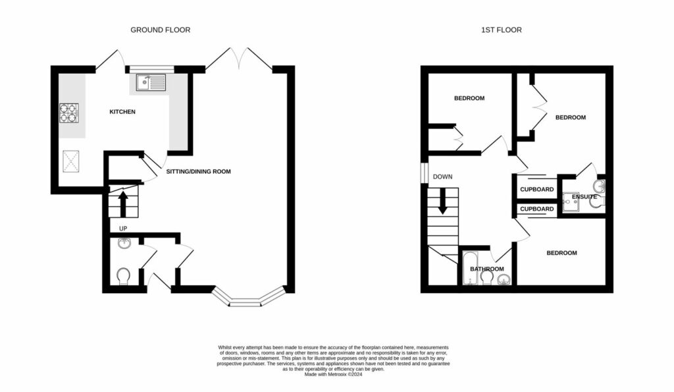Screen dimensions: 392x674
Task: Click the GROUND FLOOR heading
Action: pos(160,30)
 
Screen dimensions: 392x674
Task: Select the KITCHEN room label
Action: pos(122,112)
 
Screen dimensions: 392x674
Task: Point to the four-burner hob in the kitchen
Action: pos(69,113)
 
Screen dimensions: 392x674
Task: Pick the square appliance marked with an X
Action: pos(70,160)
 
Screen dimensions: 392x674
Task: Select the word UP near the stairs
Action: pos(122,229)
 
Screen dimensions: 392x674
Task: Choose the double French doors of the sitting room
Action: pos(239,58)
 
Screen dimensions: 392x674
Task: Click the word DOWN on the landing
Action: pos(442,177)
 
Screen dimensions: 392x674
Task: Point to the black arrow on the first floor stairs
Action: pos(442,200)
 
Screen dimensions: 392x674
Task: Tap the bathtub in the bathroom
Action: pos(470,269)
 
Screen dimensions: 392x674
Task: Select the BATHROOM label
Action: pos(487,269)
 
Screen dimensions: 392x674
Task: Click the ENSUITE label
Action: pos(584,196)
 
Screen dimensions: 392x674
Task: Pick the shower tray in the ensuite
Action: pos(571,205)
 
